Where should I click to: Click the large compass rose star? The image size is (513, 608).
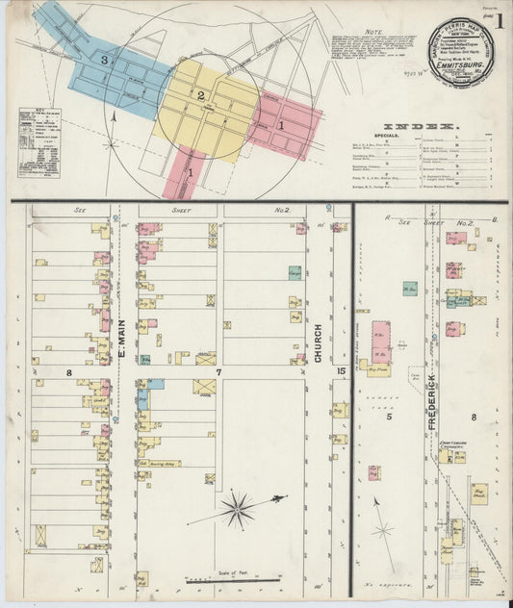tap(238, 509)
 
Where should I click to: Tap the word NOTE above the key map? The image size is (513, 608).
tap(374, 32)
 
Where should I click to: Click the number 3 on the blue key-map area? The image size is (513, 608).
tap(104, 60)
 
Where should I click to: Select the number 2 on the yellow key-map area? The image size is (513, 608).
tap(201, 95)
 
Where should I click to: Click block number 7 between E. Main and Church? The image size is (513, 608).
tap(219, 370)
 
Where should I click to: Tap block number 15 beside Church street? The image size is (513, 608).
tap(341, 370)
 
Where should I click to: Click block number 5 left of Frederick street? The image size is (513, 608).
tap(390, 417)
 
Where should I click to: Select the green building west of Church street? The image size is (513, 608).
tap(295, 273)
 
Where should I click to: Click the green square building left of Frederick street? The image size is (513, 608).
tap(409, 288)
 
